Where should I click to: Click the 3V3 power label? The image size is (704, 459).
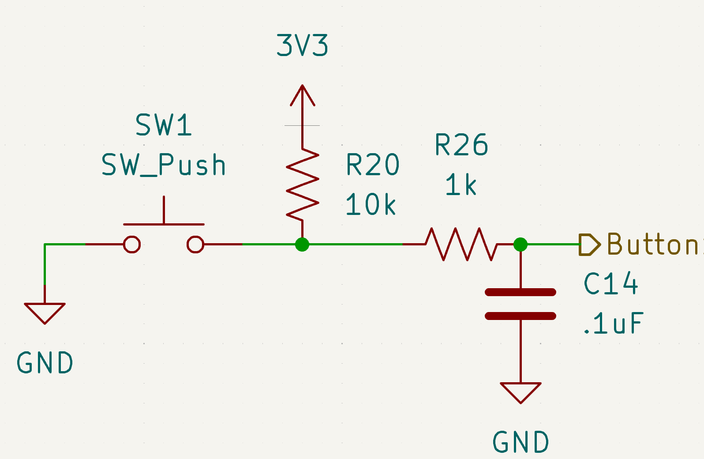(x=302, y=45)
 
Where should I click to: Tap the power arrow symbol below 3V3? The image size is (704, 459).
(x=303, y=96)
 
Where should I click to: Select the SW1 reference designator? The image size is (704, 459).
(x=164, y=125)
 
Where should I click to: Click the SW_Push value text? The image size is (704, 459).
(x=164, y=165)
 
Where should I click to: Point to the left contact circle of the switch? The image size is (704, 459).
(x=132, y=244)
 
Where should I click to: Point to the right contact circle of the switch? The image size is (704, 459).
(x=195, y=244)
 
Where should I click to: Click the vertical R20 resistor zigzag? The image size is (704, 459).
(x=303, y=184)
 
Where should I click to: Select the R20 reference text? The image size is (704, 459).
(x=373, y=165)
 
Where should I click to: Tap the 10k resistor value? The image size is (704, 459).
(x=371, y=205)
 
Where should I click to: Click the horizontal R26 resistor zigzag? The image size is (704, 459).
(x=461, y=244)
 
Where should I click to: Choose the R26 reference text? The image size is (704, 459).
(x=461, y=145)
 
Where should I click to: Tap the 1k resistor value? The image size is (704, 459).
(x=461, y=184)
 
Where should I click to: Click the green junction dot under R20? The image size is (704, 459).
(x=302, y=244)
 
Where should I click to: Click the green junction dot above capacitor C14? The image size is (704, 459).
(x=521, y=244)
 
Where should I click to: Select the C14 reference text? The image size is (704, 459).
(x=611, y=284)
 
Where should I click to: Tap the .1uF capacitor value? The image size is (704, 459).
(x=613, y=324)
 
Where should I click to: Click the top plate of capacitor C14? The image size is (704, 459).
(x=521, y=292)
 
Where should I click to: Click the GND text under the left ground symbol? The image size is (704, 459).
(x=45, y=363)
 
